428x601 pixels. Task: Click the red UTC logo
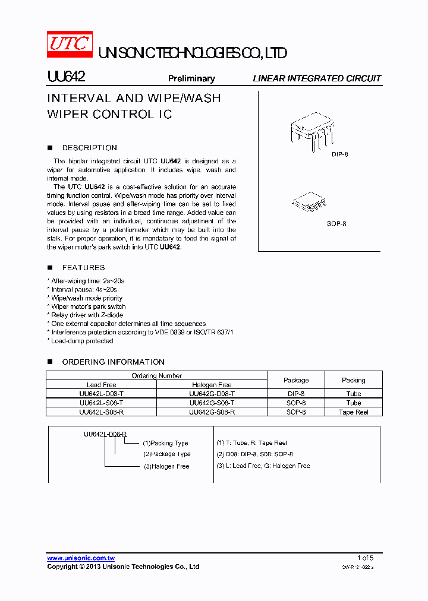[70, 44]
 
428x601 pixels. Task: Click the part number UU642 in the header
[67, 77]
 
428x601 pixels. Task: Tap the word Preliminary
[191, 78]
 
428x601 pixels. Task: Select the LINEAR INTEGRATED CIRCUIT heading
[317, 78]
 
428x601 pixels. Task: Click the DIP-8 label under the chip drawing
[339, 154]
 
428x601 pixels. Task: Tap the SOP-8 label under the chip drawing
[336, 224]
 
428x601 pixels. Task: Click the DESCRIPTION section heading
[89, 148]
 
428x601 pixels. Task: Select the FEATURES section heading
[83, 268]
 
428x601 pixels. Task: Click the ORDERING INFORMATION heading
[113, 362]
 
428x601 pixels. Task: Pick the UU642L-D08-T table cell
[101, 394]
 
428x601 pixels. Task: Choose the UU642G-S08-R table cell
[212, 412]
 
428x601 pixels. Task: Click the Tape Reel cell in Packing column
[354, 412]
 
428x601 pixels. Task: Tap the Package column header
[296, 380]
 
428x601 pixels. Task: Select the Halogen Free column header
[212, 385]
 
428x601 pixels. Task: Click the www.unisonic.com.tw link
[81, 558]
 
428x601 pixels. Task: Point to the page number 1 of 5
[365, 558]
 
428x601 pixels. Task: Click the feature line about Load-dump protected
[81, 341]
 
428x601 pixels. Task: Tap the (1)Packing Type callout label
[165, 443]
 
